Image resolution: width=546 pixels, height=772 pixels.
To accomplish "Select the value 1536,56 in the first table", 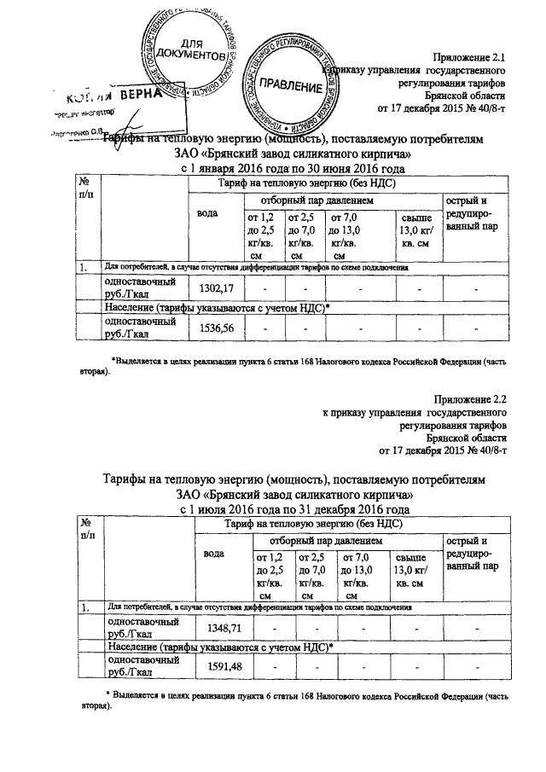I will point(215,328).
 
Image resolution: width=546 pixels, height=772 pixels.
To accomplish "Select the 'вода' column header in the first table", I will point(208,212).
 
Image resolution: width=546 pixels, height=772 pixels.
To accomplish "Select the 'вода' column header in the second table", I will point(217,553).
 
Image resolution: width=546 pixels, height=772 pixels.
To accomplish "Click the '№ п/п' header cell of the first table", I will point(86,189).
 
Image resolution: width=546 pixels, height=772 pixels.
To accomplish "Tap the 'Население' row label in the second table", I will point(206,647).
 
